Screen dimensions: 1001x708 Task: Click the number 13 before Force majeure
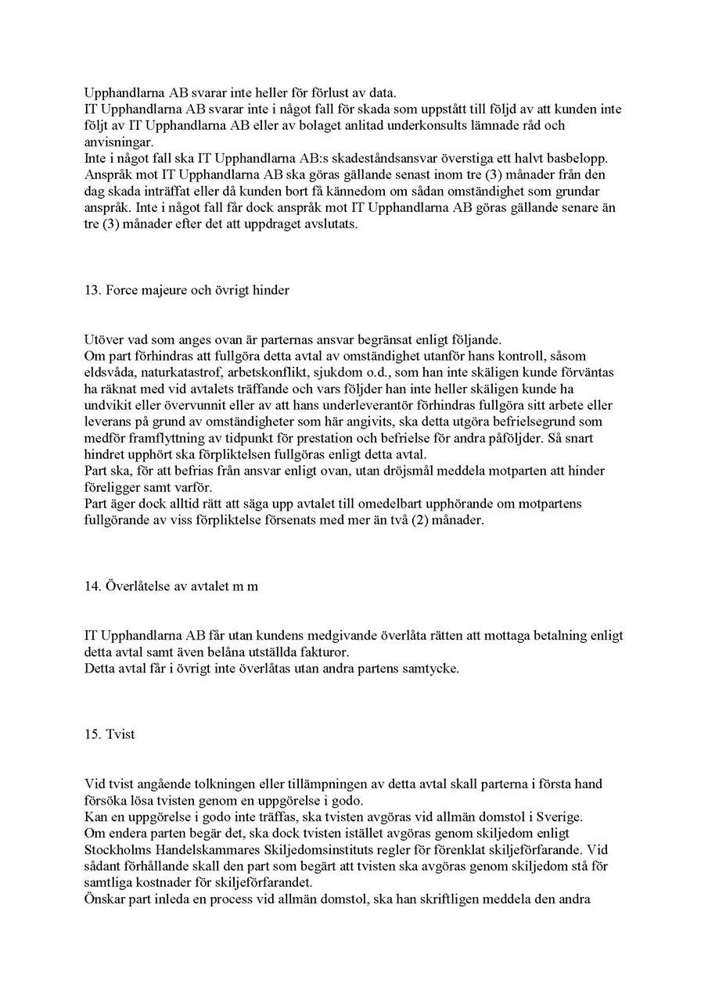91,290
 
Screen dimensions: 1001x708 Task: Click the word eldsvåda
107,372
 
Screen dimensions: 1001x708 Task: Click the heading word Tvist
121,735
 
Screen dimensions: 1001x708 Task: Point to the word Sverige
555,816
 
